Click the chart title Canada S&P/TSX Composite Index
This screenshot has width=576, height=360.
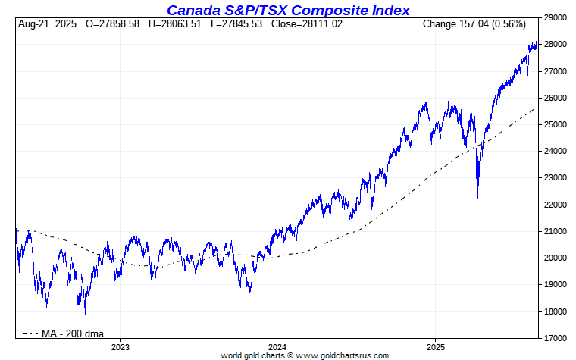point(288,10)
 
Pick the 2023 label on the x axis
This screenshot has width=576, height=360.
point(121,347)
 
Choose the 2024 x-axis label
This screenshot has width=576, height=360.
point(277,347)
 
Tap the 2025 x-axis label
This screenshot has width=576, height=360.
point(435,347)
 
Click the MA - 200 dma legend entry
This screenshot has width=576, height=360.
point(64,333)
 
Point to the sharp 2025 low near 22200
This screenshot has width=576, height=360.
point(477,199)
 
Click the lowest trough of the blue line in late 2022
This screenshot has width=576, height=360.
point(85,314)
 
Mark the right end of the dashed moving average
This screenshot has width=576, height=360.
point(534,108)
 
